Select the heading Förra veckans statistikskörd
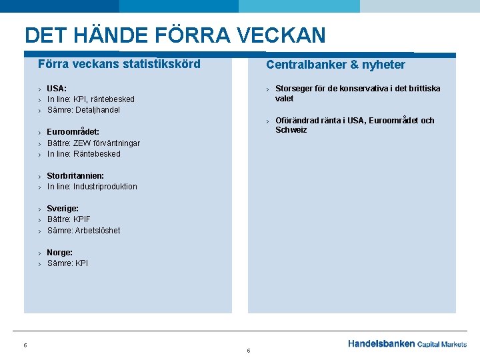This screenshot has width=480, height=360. tap(119, 64)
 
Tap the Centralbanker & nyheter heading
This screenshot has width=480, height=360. tap(335, 65)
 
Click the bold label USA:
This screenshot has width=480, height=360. tap(57, 88)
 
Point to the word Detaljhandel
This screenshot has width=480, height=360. tap(97, 110)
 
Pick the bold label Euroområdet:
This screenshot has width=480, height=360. tap(73, 132)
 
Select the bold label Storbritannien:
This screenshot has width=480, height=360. tap(75, 176)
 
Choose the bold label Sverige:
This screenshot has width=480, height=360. tap(63, 209)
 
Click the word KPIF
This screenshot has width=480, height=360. tap(83, 219)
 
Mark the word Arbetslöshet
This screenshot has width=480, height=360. tap(98, 231)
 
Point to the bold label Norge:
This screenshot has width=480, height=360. tap(59, 253)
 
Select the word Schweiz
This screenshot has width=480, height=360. tap(291, 130)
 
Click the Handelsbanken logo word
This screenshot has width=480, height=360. tap(381, 344)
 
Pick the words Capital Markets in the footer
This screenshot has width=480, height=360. tap(442, 345)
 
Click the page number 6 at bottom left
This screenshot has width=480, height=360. tap(25, 345)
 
